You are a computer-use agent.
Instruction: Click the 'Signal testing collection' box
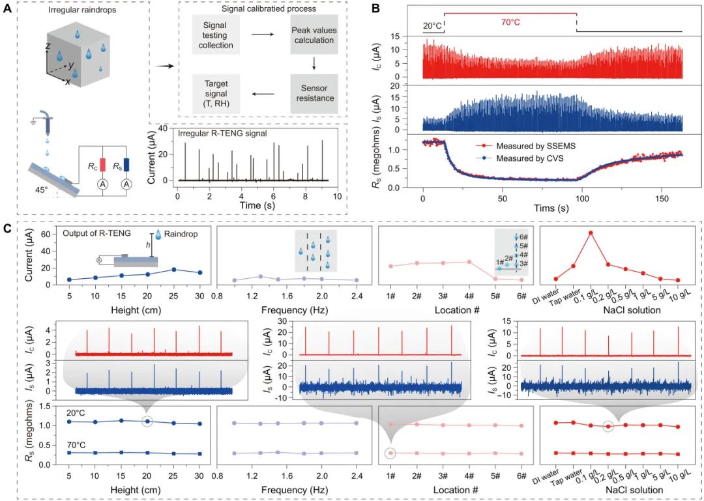point(216,36)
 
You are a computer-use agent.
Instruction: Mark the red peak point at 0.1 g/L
point(591,233)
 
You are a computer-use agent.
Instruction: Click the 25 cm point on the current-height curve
point(174,269)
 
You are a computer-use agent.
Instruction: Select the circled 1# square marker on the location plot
point(390,452)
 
